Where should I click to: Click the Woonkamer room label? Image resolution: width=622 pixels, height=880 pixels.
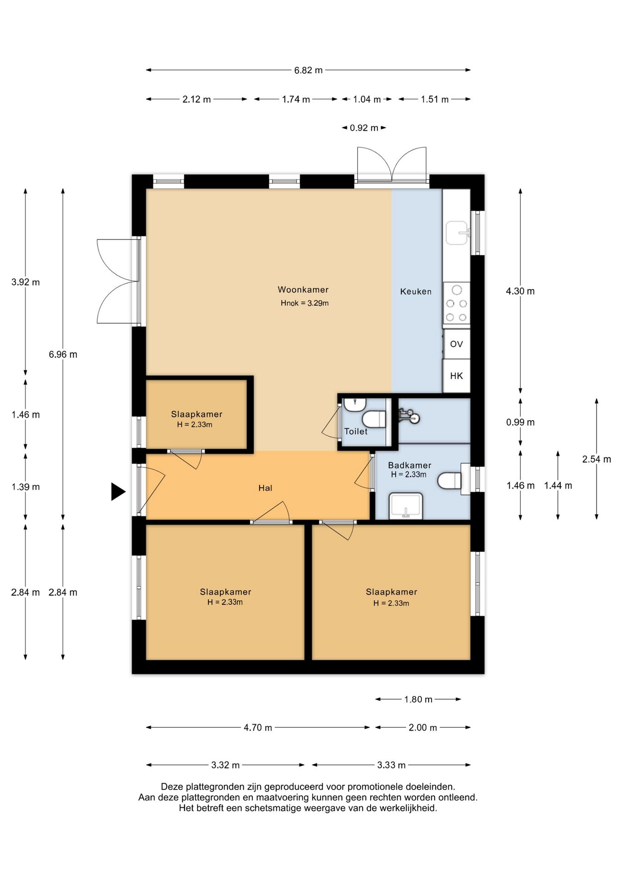point(303,290)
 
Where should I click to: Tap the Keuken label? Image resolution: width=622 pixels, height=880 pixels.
point(415,291)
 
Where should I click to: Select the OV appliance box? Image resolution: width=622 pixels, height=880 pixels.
point(457,344)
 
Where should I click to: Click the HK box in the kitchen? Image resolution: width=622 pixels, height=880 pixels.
point(457,376)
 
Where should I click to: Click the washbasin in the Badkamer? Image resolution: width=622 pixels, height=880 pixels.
point(406,506)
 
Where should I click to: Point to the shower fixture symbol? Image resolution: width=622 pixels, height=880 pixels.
point(409,416)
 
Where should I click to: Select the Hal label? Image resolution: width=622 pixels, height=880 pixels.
point(265,488)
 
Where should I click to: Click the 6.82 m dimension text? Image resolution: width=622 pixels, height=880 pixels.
point(308,70)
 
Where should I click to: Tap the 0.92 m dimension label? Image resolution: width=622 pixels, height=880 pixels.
point(364,128)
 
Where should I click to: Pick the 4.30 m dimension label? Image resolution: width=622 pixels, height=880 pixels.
point(520,291)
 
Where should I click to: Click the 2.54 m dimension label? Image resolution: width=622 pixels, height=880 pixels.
point(596,459)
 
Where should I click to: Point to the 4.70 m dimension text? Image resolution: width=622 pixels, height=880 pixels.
point(258,727)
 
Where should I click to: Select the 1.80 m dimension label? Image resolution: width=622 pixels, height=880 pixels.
point(418,699)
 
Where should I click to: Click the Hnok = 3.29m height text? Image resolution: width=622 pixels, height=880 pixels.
point(305,303)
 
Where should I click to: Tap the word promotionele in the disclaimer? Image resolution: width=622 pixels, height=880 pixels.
point(373,787)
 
